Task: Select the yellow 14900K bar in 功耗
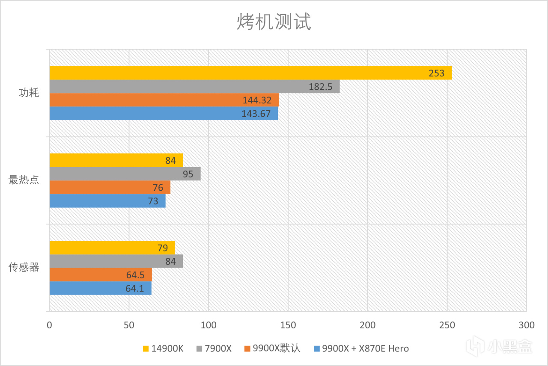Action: pyautogui.click(x=250, y=73)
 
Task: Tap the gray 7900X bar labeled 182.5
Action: pyautogui.click(x=194, y=87)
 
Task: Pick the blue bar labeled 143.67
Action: pyautogui.click(x=164, y=114)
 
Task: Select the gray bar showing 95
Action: pyautogui.click(x=125, y=174)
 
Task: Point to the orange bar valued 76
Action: pyautogui.click(x=110, y=188)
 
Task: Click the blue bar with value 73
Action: pyautogui.click(x=107, y=201)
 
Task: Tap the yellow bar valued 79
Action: pyautogui.click(x=112, y=248)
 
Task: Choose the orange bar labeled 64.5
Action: pyautogui.click(x=101, y=275)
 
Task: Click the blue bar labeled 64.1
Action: pyautogui.click(x=100, y=288)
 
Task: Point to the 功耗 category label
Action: pyautogui.click(x=29, y=93)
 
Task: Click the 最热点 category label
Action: pyautogui.click(x=24, y=180)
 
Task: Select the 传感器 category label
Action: pyautogui.click(x=24, y=268)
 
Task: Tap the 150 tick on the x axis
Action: pyautogui.click(x=288, y=325)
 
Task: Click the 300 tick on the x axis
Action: pyautogui.click(x=527, y=325)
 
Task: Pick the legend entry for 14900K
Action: pyautogui.click(x=163, y=349)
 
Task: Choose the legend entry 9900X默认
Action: pyautogui.click(x=272, y=349)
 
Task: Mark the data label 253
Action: pyautogui.click(x=437, y=74)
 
